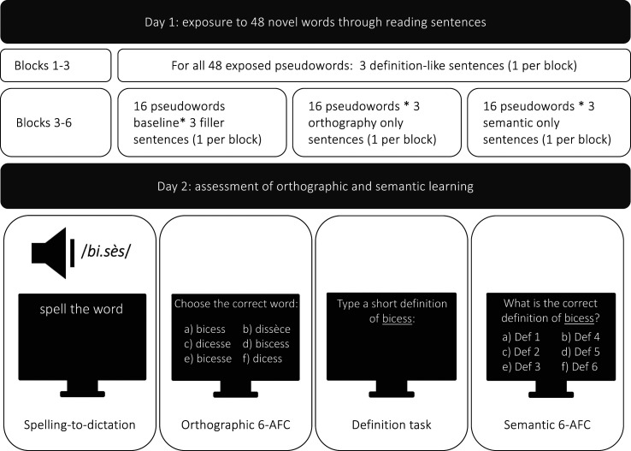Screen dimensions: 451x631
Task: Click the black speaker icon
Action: [x=52, y=252]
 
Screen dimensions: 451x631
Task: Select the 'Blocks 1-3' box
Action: [x=56, y=64]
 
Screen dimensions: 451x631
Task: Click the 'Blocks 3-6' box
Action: [x=56, y=121]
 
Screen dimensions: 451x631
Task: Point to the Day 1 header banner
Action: [x=315, y=21]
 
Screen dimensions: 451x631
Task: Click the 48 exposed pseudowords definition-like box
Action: [x=372, y=64]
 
